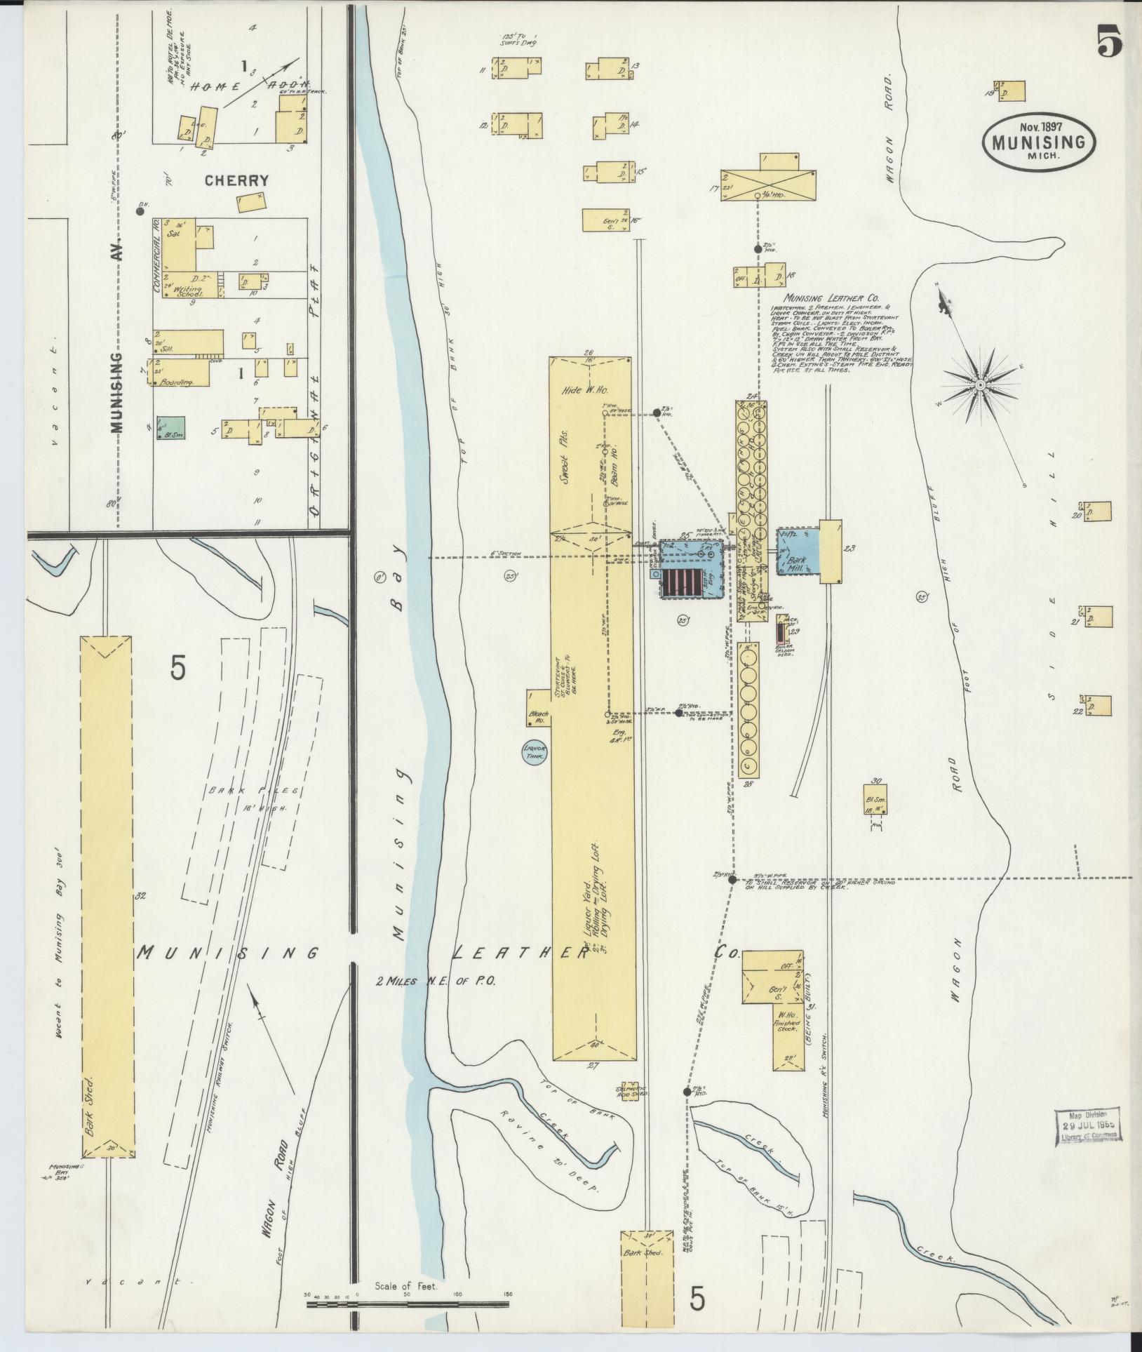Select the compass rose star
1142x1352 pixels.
click(x=980, y=386)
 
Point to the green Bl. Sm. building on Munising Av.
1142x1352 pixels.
click(x=171, y=427)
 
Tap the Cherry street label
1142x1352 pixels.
click(x=236, y=180)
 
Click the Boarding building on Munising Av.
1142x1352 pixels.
click(x=181, y=373)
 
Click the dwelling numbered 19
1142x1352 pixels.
click(x=1011, y=91)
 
